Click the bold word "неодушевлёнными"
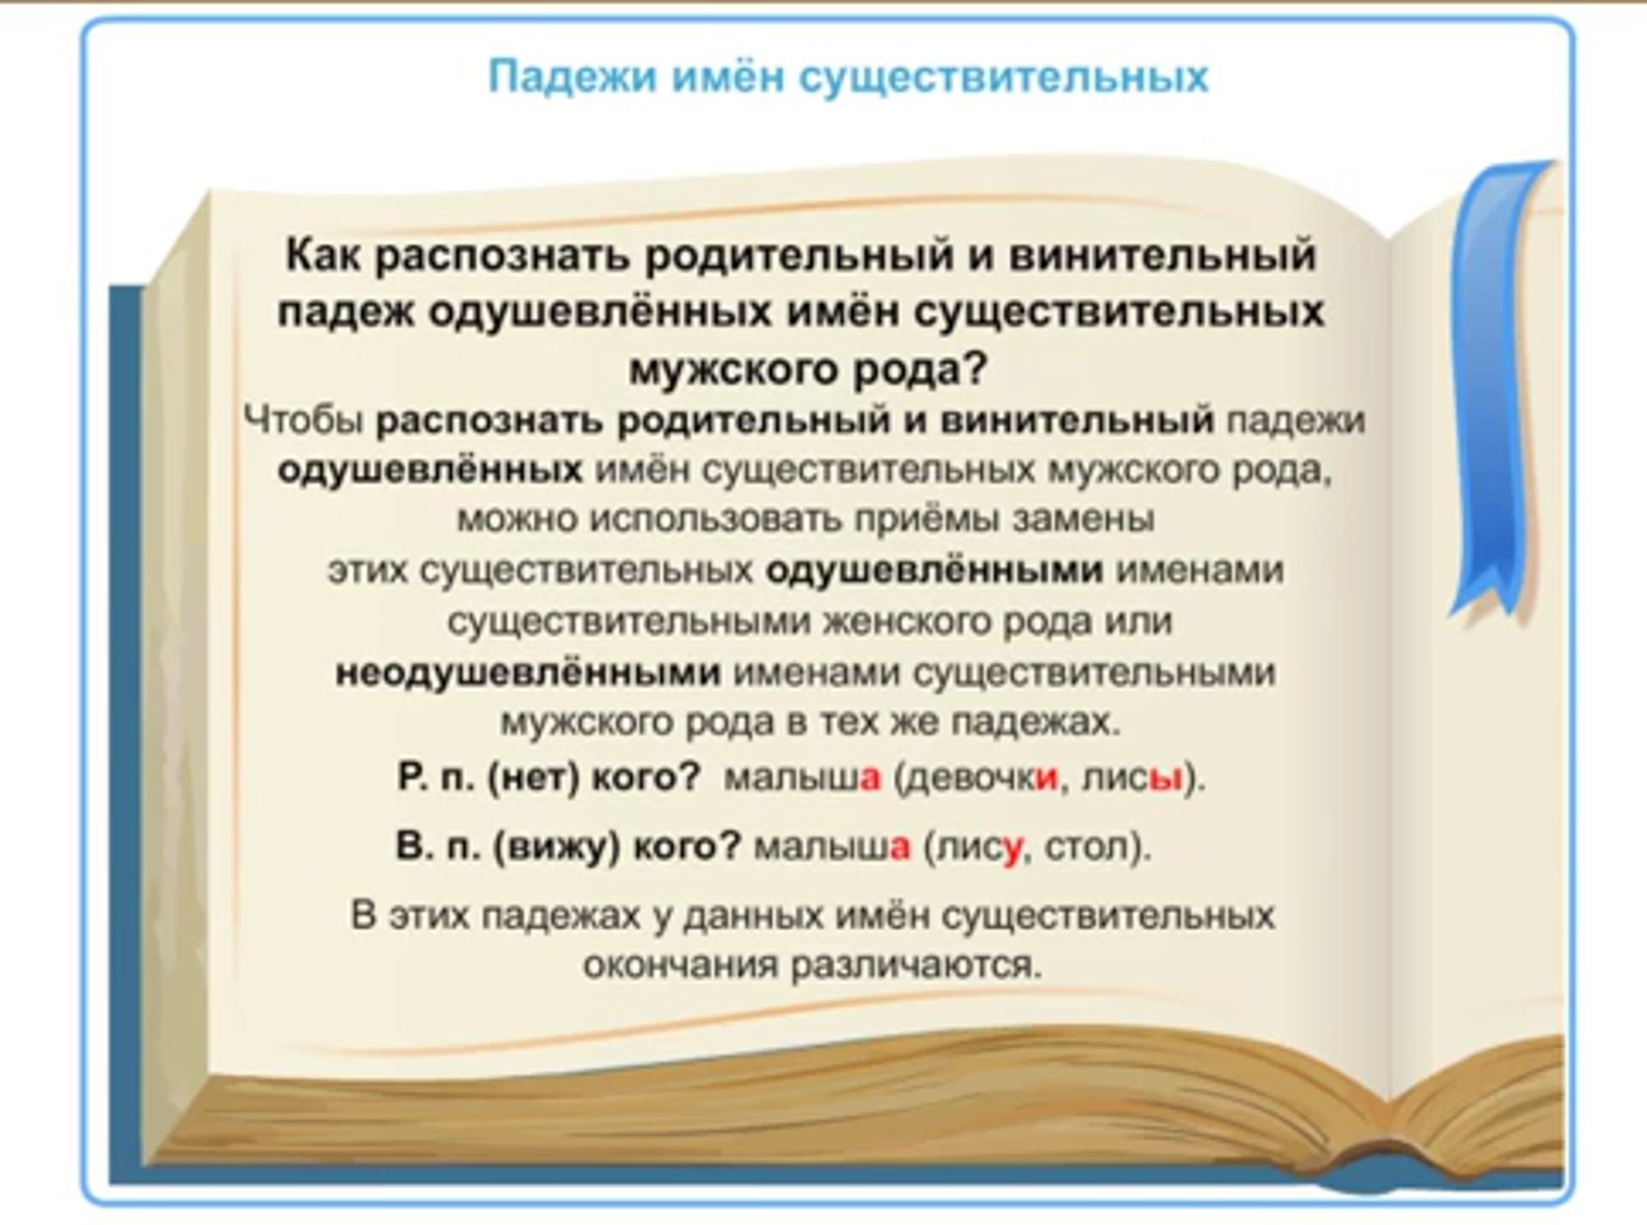tap(528, 673)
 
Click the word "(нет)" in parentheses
tap(533, 777)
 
